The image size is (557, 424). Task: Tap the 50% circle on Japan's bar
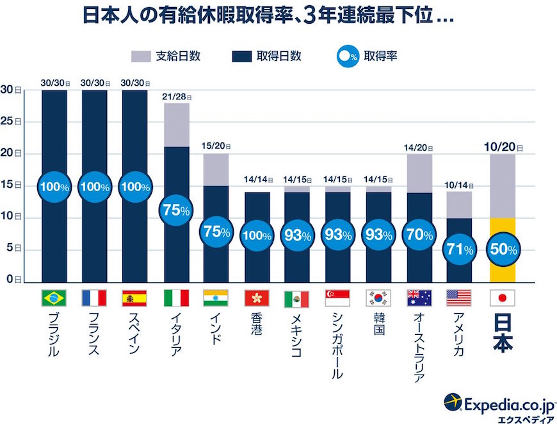(502, 250)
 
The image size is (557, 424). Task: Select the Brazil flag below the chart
(54, 298)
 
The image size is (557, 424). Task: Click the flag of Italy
(175, 298)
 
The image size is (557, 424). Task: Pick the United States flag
(458, 298)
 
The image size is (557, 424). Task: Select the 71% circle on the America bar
(459, 249)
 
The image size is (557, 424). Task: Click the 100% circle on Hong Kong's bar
(256, 235)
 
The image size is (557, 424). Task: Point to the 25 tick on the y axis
(8, 121)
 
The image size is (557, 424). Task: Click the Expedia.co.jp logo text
(506, 402)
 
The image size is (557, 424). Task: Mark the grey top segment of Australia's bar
(419, 173)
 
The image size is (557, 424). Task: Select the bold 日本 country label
(502, 337)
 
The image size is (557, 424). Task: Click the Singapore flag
(337, 298)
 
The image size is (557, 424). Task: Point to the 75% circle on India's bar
(216, 232)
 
